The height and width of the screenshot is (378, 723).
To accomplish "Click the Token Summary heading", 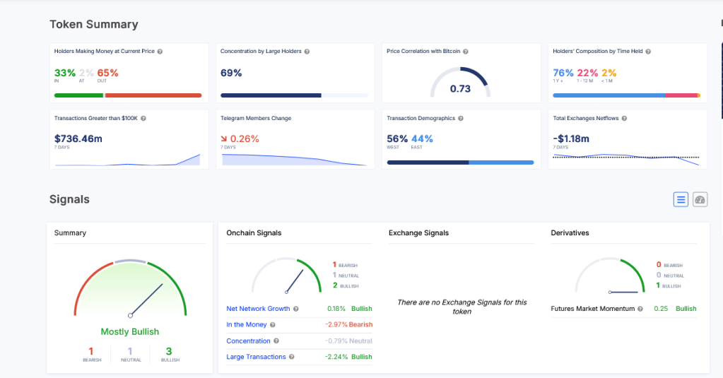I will [x=93, y=24].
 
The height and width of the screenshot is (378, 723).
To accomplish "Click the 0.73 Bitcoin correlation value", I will [x=460, y=88].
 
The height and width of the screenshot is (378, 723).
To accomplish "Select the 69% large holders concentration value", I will [x=231, y=73].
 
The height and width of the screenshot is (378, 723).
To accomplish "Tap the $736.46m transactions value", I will [x=78, y=138].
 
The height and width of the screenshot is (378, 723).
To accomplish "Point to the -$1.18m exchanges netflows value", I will [x=571, y=138].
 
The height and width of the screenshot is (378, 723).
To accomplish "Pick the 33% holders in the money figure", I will [x=64, y=73].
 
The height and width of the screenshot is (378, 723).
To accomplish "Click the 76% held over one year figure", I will [x=563, y=73].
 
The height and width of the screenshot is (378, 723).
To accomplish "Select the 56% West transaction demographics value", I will [x=397, y=138].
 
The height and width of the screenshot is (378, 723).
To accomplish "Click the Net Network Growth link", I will [x=258, y=309].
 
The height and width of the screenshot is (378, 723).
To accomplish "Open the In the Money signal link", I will [x=247, y=324].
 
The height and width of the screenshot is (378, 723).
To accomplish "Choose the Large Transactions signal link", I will [x=256, y=357].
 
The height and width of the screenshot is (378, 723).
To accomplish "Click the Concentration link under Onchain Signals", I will [x=248, y=341].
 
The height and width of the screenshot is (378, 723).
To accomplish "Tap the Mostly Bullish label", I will [x=130, y=331].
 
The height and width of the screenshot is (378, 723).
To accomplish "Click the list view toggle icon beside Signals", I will [x=681, y=200].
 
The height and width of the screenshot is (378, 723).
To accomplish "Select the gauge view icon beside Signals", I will [x=700, y=200].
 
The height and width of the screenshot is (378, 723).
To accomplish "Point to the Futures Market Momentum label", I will [x=593, y=309].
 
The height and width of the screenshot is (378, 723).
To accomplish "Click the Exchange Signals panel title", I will [x=418, y=232].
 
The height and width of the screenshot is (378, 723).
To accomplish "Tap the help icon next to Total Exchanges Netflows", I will [x=624, y=119].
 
